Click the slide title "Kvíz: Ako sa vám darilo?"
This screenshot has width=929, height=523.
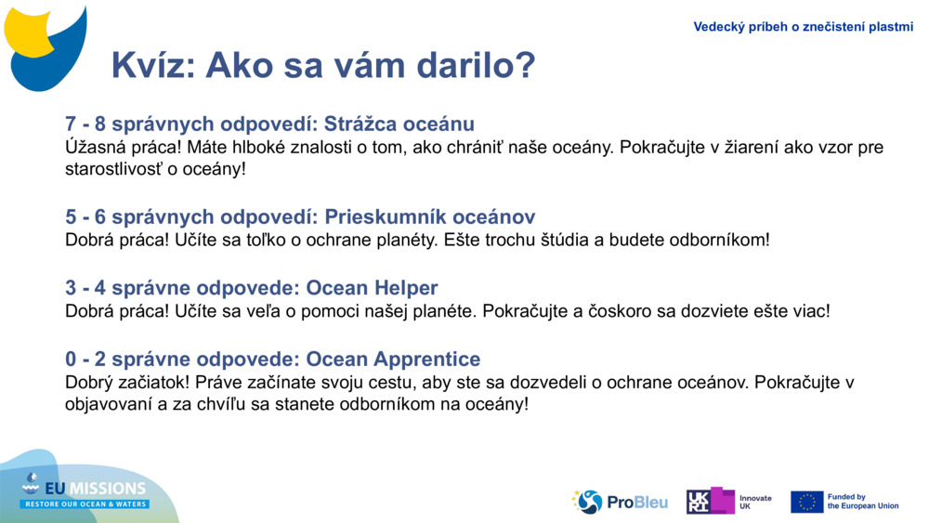[x=323, y=65]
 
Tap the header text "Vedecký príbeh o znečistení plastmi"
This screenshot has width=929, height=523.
[x=803, y=27]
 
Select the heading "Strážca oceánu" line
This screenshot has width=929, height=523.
[x=269, y=124]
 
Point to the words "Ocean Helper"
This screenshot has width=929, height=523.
[x=372, y=288]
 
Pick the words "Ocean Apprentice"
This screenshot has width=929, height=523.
[x=393, y=359]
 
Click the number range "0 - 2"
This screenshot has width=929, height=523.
[x=85, y=359]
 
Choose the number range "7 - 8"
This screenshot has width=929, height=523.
[x=85, y=124]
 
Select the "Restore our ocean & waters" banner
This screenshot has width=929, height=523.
[x=85, y=504]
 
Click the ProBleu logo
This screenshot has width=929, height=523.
[x=620, y=503]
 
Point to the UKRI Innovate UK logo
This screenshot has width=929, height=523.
[x=729, y=501]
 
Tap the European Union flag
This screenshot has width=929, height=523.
[x=807, y=502]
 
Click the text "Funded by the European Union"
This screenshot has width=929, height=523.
[x=863, y=502]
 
